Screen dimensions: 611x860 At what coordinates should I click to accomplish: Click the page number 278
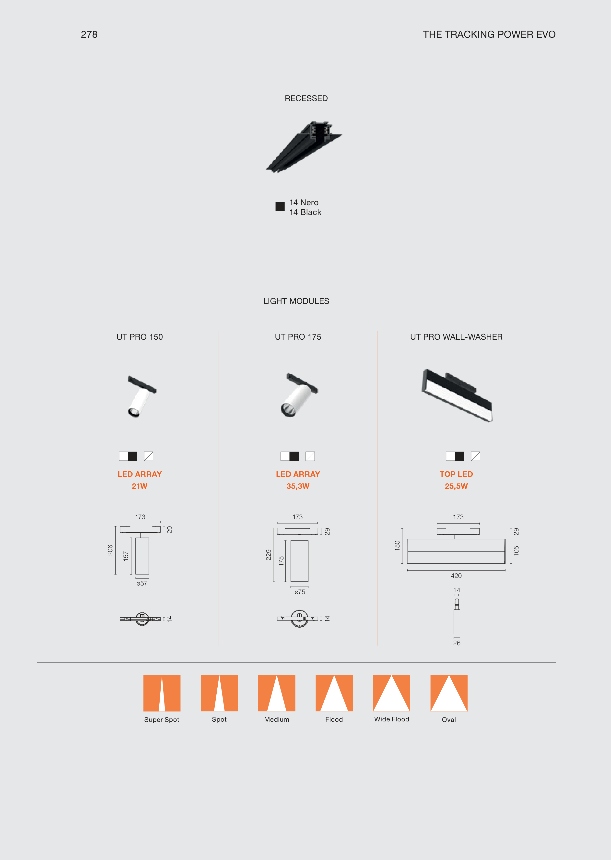pos(89,35)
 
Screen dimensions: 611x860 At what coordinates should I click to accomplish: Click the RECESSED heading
pos(306,98)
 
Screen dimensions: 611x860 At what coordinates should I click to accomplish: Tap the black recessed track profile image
pos(304,147)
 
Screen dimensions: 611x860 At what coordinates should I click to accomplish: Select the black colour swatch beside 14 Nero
pos(280,207)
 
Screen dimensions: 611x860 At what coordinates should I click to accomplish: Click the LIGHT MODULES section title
pos(296,301)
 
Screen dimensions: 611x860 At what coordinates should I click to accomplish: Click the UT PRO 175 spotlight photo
pos(299,395)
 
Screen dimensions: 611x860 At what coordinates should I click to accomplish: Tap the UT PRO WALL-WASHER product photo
pos(457,395)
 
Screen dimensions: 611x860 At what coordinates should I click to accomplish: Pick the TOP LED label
pos(456,474)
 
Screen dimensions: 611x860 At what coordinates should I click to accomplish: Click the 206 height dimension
pos(110,550)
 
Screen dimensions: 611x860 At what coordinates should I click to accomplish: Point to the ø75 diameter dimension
pos(300,592)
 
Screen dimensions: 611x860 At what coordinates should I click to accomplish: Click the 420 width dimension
pos(456,576)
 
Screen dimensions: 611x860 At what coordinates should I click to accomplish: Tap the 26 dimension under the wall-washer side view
pos(457,643)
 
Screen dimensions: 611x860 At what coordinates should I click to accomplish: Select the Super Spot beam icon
pos(162,693)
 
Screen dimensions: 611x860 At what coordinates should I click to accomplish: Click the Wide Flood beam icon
pos(391,693)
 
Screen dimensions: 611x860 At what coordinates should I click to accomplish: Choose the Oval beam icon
pos(449,693)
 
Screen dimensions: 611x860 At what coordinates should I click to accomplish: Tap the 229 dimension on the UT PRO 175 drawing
pos(269,555)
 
